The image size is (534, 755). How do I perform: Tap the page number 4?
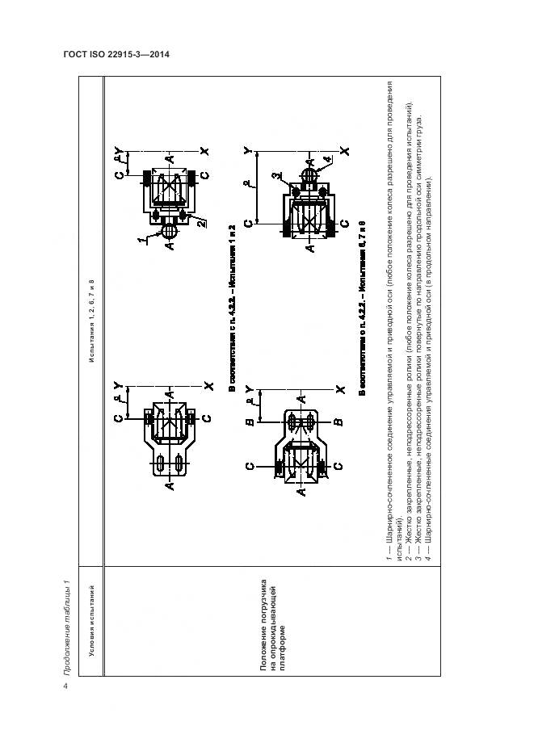pyautogui.click(x=65, y=687)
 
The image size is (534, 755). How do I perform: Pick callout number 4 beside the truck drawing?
pyautogui.click(x=326, y=161)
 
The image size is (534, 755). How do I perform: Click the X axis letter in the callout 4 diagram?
pyautogui.click(x=344, y=151)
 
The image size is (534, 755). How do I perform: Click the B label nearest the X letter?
pyautogui.click(x=338, y=422)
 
